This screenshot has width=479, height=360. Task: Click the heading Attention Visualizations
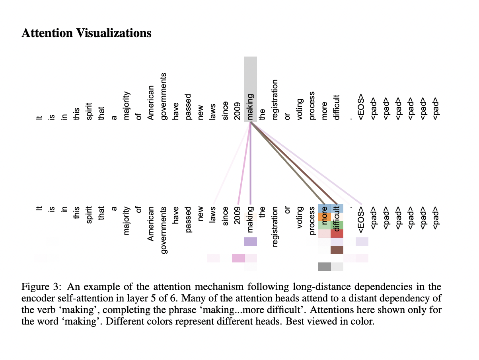tap(86, 33)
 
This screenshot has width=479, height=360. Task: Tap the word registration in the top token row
tap(275, 100)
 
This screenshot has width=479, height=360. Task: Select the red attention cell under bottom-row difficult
tap(337, 233)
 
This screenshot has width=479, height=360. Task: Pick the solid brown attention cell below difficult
tap(337, 250)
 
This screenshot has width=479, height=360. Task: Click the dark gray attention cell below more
tap(325, 266)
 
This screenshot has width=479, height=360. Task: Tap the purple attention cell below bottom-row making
tap(250, 241)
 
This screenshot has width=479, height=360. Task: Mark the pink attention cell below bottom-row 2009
tap(238, 258)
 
